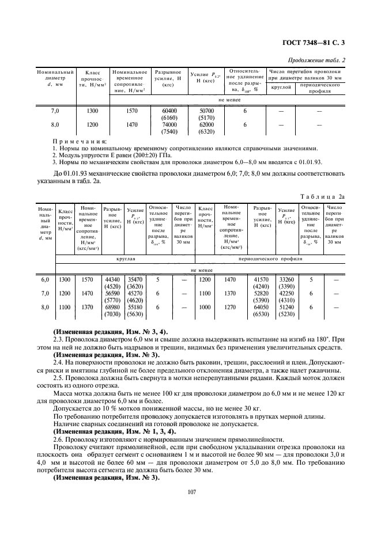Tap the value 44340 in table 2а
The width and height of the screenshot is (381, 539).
pos(111,279)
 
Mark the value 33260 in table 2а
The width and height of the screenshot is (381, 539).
pos(286,279)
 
